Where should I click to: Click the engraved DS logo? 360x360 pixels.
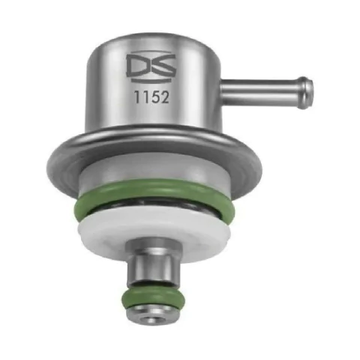click(151, 67)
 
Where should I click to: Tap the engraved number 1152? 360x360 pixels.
click(151, 97)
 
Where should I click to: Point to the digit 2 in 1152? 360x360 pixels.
click(163, 97)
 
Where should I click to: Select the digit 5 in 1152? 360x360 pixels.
click(154, 97)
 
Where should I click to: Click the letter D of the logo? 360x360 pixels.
click(137, 66)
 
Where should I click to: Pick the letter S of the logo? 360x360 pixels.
click(163, 66)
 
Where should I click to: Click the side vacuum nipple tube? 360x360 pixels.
click(266, 92)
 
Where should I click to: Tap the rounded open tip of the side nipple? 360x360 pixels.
click(307, 92)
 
